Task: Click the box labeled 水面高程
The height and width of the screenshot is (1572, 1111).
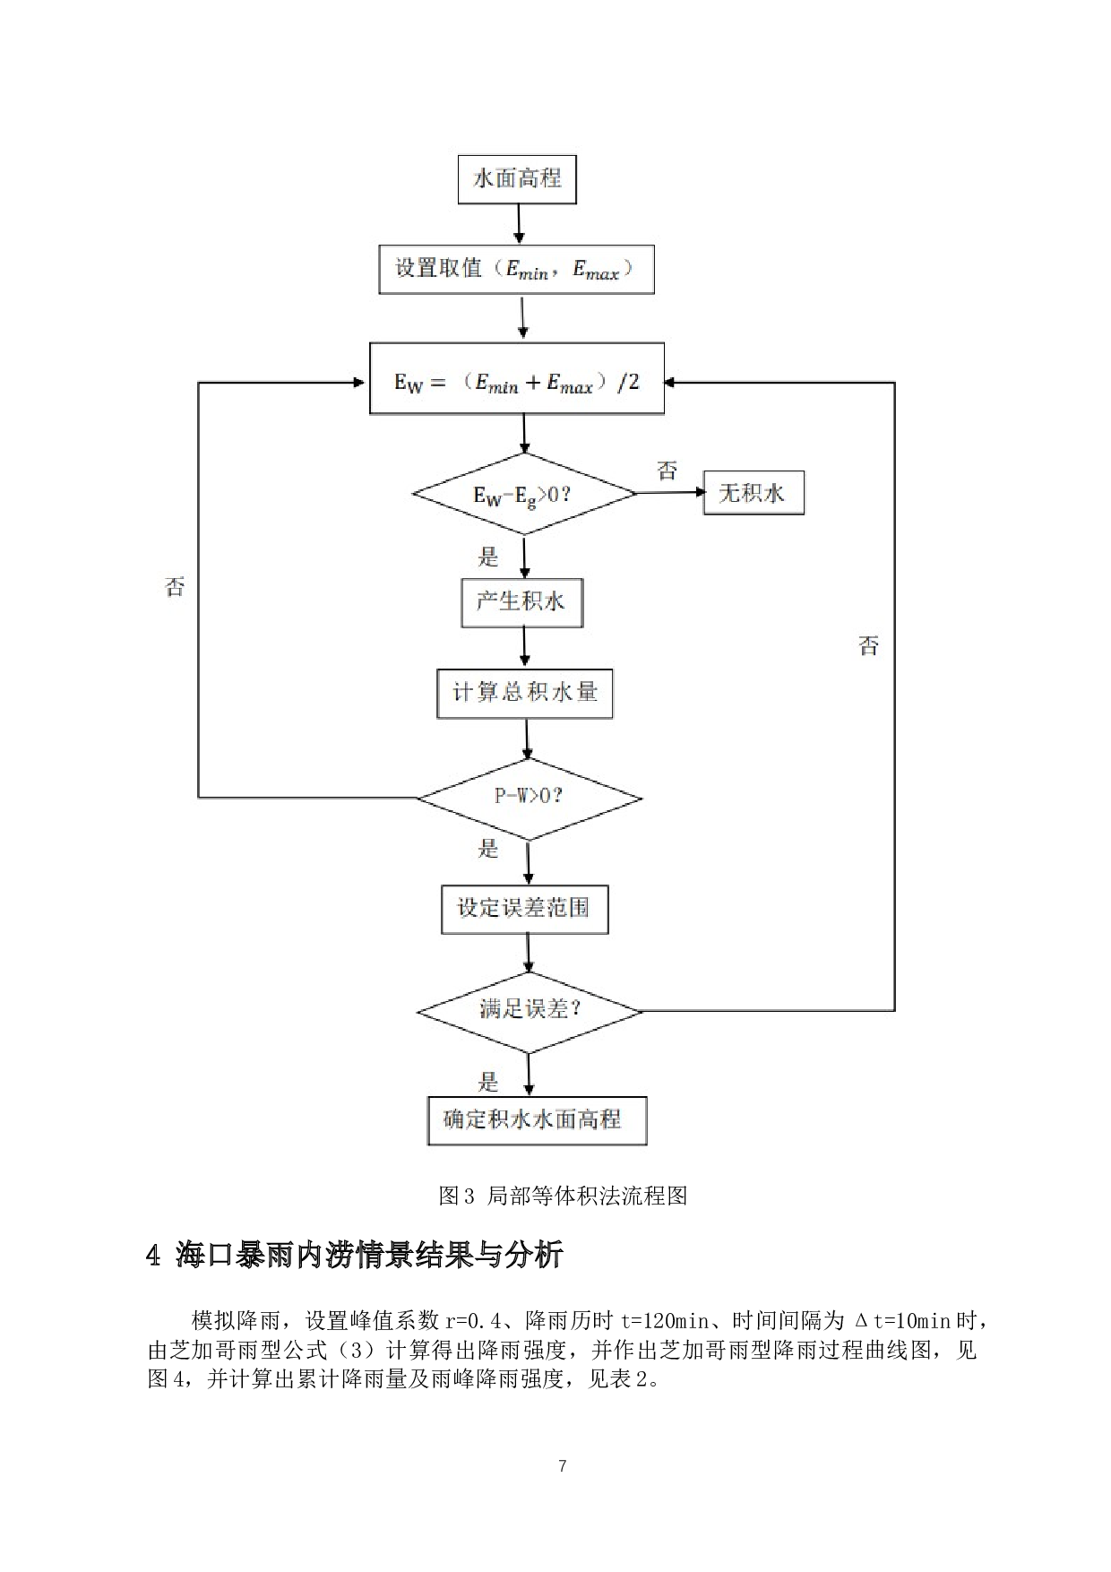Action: (517, 179)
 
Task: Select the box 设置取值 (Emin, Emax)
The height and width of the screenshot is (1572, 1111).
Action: (516, 269)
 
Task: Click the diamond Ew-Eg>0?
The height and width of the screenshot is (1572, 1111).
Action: (524, 494)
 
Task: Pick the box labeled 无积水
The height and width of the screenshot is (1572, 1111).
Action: (753, 492)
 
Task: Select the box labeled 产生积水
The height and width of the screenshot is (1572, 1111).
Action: (521, 602)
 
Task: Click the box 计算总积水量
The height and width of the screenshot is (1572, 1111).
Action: (525, 693)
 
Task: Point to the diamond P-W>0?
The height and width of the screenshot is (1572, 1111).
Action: (529, 797)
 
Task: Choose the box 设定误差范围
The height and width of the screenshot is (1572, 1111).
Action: (524, 909)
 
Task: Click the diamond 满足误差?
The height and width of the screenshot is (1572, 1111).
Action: (530, 1011)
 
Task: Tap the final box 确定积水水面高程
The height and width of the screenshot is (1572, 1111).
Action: (536, 1120)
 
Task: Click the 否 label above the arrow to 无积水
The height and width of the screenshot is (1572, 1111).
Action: (667, 471)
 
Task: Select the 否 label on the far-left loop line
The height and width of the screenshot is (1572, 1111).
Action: (175, 587)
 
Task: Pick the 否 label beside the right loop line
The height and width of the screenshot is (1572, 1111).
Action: (868, 646)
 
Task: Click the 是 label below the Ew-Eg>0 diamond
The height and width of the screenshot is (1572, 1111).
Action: (487, 557)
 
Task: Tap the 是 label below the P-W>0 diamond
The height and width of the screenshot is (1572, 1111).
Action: (487, 848)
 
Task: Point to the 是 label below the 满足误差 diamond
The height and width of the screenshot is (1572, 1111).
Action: (487, 1082)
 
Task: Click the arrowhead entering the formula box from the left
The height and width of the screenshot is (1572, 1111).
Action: (359, 383)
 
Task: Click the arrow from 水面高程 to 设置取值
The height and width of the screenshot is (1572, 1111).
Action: (518, 224)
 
